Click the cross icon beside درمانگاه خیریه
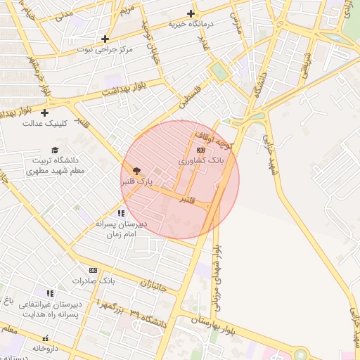pos(191,13)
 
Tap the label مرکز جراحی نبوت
pos(105,51)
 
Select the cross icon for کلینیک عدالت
pos(44,112)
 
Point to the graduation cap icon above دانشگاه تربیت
pos(54,150)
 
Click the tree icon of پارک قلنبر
pos(136,170)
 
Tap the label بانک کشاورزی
pos(200,161)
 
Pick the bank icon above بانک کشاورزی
pos(200,150)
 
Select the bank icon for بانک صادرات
pos(93,270)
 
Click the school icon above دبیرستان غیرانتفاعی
pos(49,292)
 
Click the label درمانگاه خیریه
pos(190,24)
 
